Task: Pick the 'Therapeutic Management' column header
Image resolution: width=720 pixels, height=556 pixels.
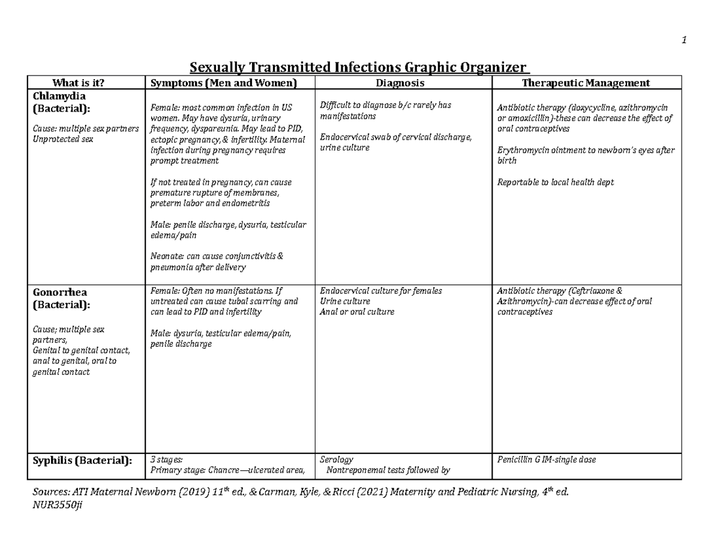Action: tap(586, 83)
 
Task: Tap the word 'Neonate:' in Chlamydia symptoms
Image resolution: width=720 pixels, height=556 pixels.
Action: tap(167, 256)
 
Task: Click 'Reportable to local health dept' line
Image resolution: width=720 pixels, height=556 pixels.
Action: tap(556, 182)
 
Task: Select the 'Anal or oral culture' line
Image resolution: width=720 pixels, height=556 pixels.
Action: tap(357, 312)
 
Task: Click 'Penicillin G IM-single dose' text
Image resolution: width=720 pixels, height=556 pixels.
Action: tap(547, 460)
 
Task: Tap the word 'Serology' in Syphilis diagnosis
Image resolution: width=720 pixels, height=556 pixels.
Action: tap(337, 460)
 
